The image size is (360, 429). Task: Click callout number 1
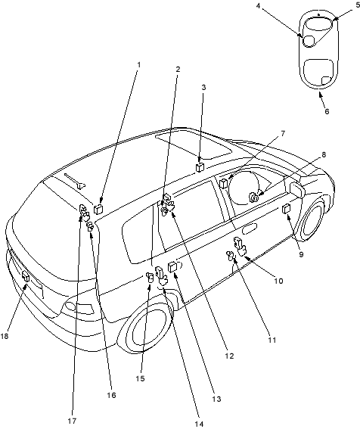(138, 65)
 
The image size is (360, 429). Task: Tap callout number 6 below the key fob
(327, 112)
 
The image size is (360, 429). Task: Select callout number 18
(5, 336)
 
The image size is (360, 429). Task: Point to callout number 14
(200, 424)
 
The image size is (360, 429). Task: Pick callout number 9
(301, 254)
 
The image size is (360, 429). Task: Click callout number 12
(229, 356)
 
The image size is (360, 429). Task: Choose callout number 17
(72, 421)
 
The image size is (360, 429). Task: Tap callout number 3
(203, 88)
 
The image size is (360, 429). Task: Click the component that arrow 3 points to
(200, 167)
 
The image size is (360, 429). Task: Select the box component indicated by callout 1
(98, 210)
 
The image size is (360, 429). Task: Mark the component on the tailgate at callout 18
(26, 276)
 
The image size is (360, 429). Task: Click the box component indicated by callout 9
(286, 209)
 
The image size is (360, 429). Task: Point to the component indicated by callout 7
(224, 183)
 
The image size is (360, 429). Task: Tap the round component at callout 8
(253, 197)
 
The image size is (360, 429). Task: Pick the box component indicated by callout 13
(172, 267)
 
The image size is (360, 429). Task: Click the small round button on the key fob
(309, 41)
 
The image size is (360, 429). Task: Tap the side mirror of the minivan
(296, 189)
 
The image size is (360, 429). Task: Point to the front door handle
(250, 228)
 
